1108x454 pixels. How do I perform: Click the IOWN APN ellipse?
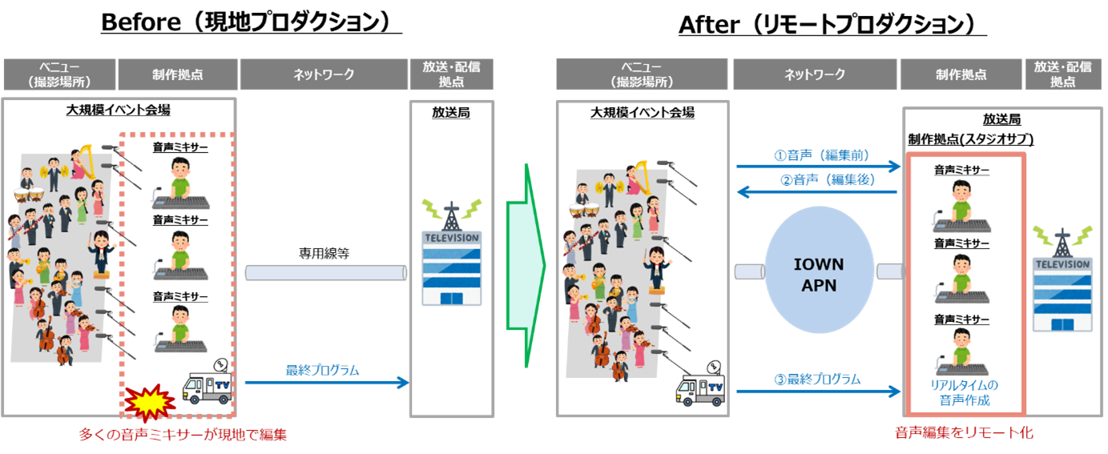pyautogui.click(x=819, y=275)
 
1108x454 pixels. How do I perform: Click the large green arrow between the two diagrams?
pyautogui.click(x=526, y=266)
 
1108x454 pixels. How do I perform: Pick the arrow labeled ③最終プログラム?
pyautogui.click(x=817, y=392)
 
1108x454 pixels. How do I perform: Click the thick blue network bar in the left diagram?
pyautogui.click(x=324, y=273)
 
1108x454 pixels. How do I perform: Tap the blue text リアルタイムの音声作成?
pyautogui.click(x=964, y=392)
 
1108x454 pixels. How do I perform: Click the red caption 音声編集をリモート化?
pyautogui.click(x=964, y=433)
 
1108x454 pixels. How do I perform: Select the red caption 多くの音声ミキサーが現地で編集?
pyautogui.click(x=182, y=436)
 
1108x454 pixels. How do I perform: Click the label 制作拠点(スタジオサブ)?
pyautogui.click(x=970, y=139)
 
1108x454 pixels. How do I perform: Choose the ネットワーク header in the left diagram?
pyautogui.click(x=324, y=74)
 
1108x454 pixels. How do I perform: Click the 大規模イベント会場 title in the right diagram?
pyautogui.click(x=643, y=113)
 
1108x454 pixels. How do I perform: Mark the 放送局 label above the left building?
pyautogui.click(x=451, y=112)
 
